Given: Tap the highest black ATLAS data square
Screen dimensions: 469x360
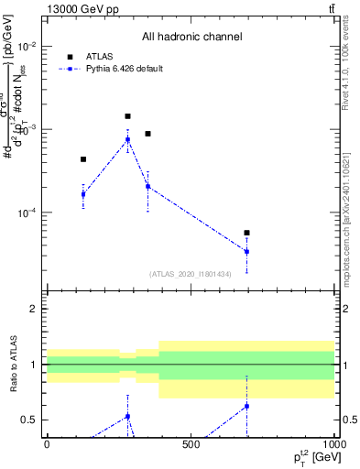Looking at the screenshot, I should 127,116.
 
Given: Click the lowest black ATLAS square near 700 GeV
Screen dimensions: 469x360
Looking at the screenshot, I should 246,233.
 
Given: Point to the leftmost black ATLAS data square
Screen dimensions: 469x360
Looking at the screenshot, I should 83,159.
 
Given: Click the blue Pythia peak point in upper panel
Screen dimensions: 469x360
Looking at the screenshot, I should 127,139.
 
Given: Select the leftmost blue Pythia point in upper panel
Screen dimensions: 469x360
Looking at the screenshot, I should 83,194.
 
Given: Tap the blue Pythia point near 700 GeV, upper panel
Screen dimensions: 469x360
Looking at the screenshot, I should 246,251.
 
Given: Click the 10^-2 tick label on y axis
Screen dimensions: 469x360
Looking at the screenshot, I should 26,47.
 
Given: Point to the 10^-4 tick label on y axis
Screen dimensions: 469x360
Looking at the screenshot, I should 26,213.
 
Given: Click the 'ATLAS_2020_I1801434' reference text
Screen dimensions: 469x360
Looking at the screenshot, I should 190,274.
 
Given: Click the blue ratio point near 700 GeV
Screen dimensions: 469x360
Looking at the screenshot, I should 246,406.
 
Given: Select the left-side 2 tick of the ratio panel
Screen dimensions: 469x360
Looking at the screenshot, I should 34,310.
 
